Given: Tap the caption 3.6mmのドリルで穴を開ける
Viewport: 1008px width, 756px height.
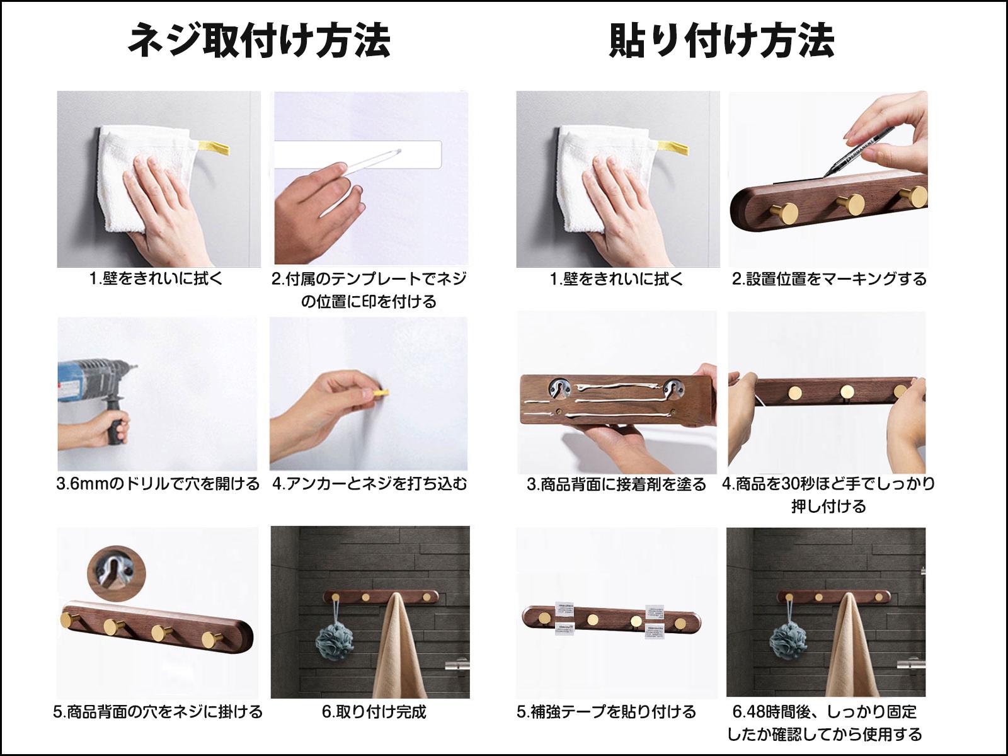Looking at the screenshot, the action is (158, 484).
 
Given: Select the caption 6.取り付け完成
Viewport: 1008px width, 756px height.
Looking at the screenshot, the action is (374, 711).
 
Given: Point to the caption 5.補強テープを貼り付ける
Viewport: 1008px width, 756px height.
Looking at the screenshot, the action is (606, 711).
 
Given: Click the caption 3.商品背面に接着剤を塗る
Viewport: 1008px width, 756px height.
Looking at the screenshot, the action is (616, 484).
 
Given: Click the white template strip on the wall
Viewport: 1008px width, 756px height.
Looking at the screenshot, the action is (358, 154).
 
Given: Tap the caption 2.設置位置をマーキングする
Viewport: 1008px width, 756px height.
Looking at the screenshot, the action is (829, 278).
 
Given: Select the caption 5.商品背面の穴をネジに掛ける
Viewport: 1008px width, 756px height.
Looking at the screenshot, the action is (158, 711).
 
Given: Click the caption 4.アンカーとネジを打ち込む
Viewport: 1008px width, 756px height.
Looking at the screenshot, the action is (370, 484).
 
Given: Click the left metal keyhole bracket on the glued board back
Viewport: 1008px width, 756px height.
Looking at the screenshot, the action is (558, 388).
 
